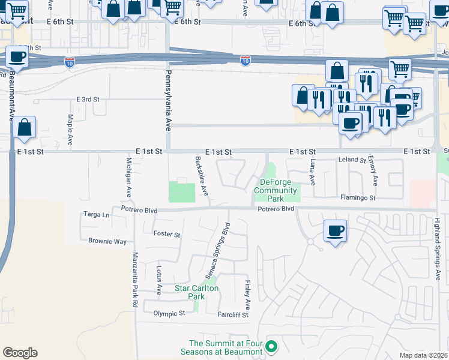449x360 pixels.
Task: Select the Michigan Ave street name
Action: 128,178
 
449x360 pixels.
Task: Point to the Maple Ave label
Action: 70,130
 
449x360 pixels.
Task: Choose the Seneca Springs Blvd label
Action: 218,251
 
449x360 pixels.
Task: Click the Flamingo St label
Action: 358,197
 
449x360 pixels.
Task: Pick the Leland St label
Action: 352,160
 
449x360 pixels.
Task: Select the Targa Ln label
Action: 97,215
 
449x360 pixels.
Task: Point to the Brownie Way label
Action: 107,241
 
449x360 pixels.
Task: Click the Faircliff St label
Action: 233,314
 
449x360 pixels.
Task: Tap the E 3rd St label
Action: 88,99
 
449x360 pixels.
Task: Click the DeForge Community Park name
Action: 276,190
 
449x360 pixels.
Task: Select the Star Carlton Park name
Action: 196,292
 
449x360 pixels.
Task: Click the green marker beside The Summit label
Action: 271,346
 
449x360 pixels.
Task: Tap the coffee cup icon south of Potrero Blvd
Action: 336,230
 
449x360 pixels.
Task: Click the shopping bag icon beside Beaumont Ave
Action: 25,127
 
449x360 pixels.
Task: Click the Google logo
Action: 20,353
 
